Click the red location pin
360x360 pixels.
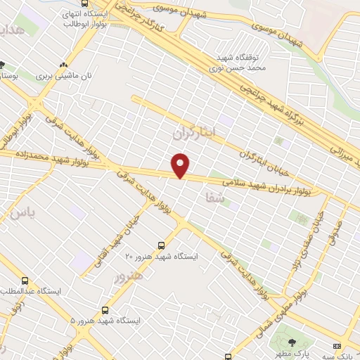tap(181, 165)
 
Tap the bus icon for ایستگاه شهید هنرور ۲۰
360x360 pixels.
tap(162, 245)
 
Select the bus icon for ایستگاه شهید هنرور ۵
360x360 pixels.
tap(105, 309)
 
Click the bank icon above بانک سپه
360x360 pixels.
tap(336, 346)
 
